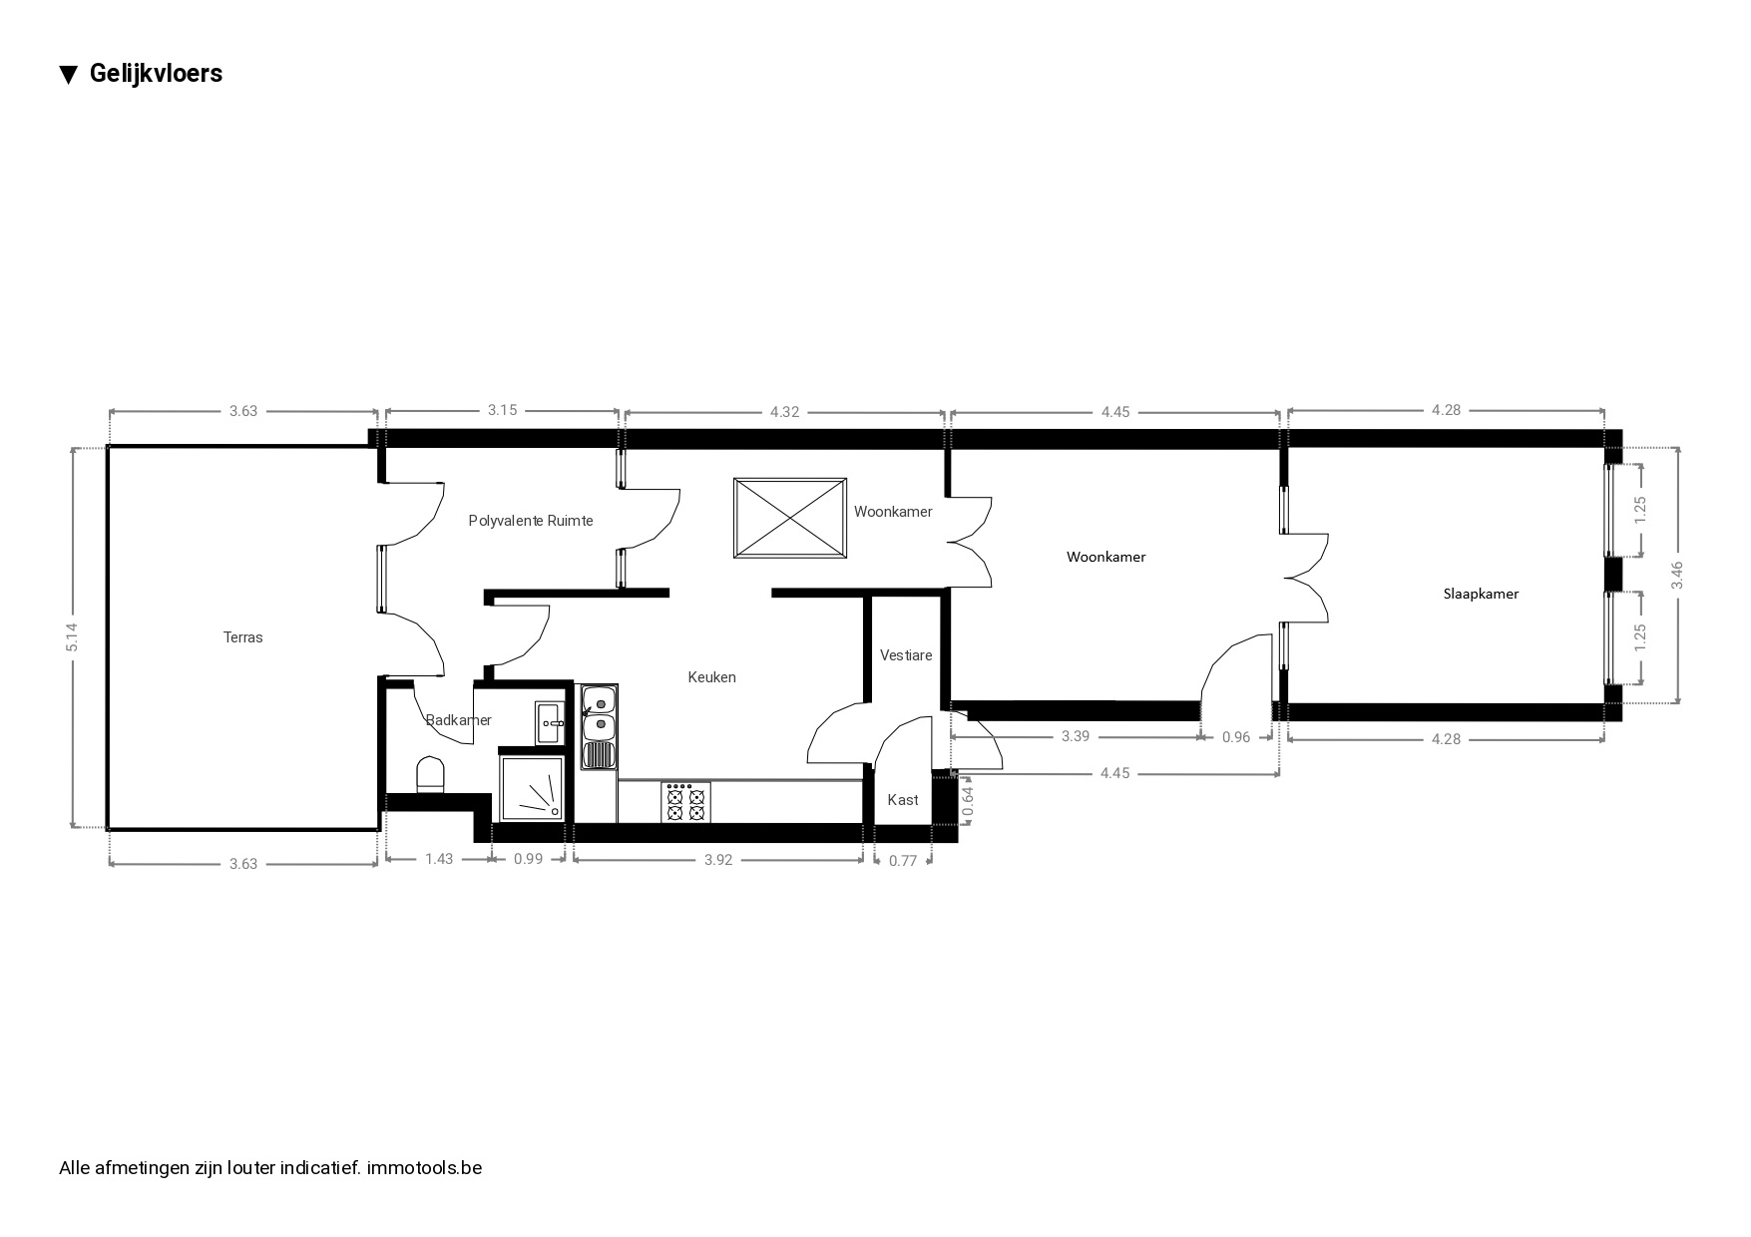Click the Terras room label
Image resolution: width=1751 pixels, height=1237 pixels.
[242, 637]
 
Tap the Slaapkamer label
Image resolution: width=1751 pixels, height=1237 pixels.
[1481, 594]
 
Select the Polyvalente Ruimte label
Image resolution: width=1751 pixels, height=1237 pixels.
[531, 521]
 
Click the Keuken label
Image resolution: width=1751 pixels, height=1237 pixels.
[711, 677]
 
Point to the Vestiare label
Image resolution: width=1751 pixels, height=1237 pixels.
[906, 655]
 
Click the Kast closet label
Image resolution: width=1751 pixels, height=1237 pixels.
[903, 800]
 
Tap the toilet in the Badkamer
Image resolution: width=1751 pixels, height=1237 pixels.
[429, 775]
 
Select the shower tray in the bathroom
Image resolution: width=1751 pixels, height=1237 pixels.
[532, 788]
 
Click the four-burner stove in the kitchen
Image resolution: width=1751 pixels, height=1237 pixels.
[685, 802]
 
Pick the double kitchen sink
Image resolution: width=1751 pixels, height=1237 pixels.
[599, 726]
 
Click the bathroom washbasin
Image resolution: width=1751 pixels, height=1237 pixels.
[550, 722]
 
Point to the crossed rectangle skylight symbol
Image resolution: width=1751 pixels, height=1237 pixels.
[790, 519]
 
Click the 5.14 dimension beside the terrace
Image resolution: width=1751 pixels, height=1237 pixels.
[72, 637]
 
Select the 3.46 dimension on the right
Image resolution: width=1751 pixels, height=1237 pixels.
[1677, 576]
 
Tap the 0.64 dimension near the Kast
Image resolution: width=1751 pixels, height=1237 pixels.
[967, 805]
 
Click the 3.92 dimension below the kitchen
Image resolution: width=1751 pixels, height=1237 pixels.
[718, 860]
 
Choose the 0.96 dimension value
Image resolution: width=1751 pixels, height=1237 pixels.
[1236, 737]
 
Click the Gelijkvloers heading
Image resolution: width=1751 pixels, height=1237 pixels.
[156, 73]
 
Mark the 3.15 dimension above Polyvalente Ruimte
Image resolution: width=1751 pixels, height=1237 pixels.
[503, 410]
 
